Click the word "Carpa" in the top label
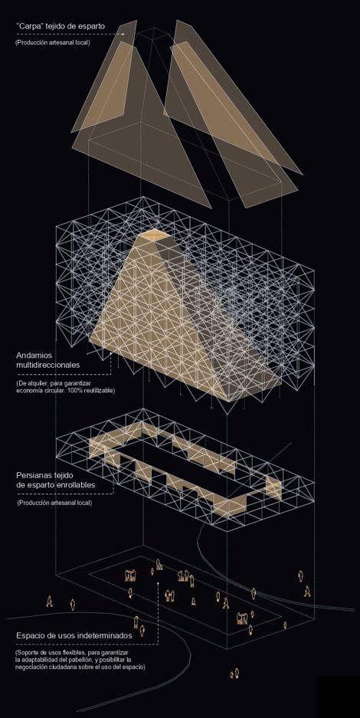28,26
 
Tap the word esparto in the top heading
90,27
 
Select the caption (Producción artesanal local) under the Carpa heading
53,43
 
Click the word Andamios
34,356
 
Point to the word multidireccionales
48,365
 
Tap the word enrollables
74,485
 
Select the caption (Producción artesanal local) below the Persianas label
54,503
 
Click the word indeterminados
105,636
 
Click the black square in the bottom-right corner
338,697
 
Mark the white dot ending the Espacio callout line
158,583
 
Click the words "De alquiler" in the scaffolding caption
31,383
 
